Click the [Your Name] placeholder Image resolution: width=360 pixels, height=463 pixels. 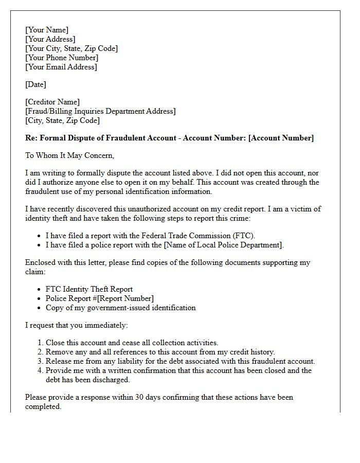[x=47, y=30]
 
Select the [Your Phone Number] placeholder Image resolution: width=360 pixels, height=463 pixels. [x=62, y=58]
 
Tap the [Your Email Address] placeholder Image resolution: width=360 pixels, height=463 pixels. [x=61, y=67]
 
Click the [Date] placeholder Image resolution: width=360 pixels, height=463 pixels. [x=35, y=84]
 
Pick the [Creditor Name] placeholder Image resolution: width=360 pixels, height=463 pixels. [x=52, y=102]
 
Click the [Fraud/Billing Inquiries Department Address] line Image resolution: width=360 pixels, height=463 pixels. [x=100, y=111]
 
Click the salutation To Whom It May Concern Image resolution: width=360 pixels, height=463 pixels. [x=69, y=155]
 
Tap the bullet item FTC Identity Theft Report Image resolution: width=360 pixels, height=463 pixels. [x=89, y=289]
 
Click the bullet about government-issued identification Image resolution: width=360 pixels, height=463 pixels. [x=120, y=308]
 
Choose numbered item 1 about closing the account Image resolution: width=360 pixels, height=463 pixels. [x=132, y=343]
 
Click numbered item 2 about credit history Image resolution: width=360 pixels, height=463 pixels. [x=160, y=352]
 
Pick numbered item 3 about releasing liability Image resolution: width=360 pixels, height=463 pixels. [x=180, y=361]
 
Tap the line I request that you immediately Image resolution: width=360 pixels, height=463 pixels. [x=76, y=325]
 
